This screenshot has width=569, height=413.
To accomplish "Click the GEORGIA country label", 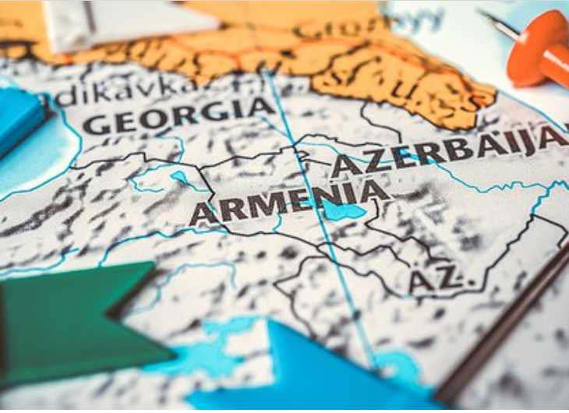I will (x=178, y=116).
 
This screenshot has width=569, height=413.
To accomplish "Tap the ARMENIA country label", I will (x=288, y=201).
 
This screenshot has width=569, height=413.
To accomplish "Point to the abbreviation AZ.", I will (x=436, y=279).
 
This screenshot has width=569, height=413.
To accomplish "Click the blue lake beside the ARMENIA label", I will (x=343, y=210).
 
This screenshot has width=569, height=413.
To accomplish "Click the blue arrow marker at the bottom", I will (x=312, y=374).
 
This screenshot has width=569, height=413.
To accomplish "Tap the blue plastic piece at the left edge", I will (x=17, y=117).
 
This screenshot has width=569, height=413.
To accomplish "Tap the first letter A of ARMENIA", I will (x=202, y=214).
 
